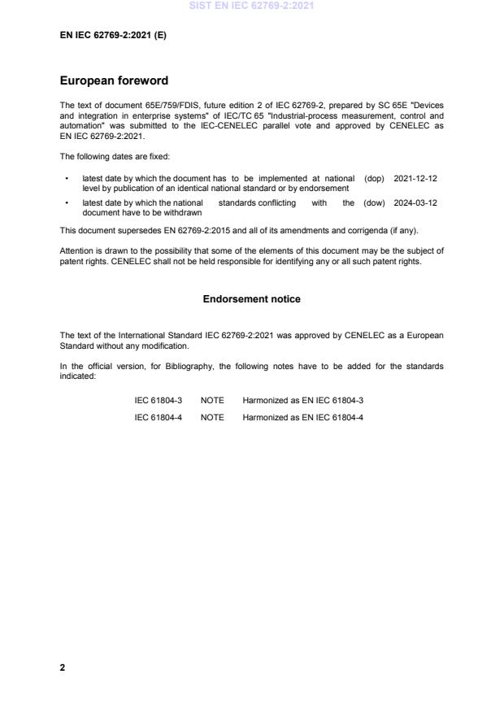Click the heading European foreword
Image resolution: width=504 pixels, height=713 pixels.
114,80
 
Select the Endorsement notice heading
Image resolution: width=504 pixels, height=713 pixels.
251,299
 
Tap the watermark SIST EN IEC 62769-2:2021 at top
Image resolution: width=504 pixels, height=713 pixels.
252,6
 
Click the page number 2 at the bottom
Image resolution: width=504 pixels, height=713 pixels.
63,667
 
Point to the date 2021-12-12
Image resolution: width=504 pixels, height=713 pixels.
415,178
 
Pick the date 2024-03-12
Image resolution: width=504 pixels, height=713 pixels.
415,203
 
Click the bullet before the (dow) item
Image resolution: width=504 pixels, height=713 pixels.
65,203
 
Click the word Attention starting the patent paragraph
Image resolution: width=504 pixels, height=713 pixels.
76,251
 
